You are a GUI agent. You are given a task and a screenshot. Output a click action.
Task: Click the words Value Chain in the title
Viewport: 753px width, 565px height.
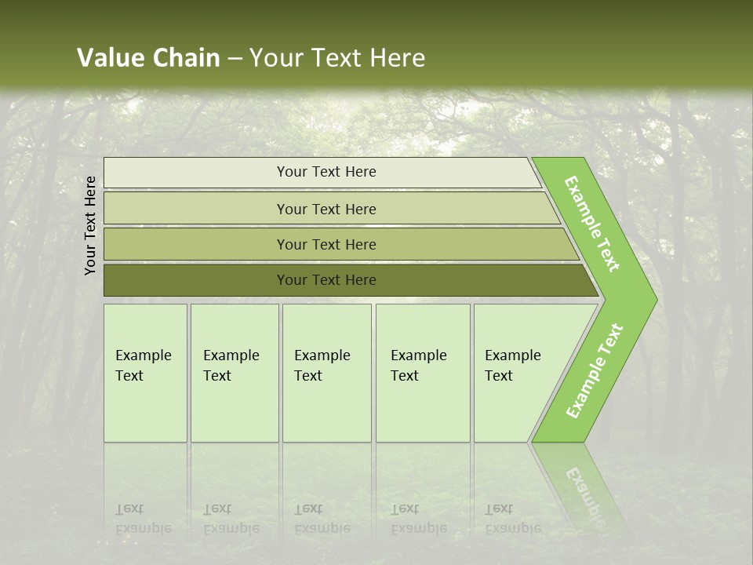pos(148,58)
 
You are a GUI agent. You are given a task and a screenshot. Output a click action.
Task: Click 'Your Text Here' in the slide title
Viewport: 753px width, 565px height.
pos(337,58)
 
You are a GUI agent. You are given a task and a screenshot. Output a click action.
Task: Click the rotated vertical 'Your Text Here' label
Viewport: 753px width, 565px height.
pos(90,226)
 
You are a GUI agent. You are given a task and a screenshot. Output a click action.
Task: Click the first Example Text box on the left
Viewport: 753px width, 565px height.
pos(145,373)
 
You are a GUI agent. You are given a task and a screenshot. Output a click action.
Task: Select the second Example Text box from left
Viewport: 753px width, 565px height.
pos(234,373)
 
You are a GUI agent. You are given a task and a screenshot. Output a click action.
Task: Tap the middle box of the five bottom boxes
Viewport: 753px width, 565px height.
pos(326,373)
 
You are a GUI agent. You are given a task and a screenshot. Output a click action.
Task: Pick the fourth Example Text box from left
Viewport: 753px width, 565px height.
pos(423,373)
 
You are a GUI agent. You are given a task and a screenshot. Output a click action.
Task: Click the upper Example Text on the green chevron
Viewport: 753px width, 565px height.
pos(592,224)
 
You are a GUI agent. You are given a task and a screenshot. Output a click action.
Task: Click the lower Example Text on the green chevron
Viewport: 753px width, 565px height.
pos(594,371)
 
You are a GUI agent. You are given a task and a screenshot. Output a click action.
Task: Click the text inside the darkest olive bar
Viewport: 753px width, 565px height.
pos(326,280)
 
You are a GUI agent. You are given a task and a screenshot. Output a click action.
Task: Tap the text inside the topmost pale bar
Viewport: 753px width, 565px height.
pos(326,172)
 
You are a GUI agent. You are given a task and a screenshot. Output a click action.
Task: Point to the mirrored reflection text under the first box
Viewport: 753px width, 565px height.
pos(143,519)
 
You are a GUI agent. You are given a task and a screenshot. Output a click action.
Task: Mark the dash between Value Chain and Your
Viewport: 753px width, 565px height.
pos(235,59)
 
